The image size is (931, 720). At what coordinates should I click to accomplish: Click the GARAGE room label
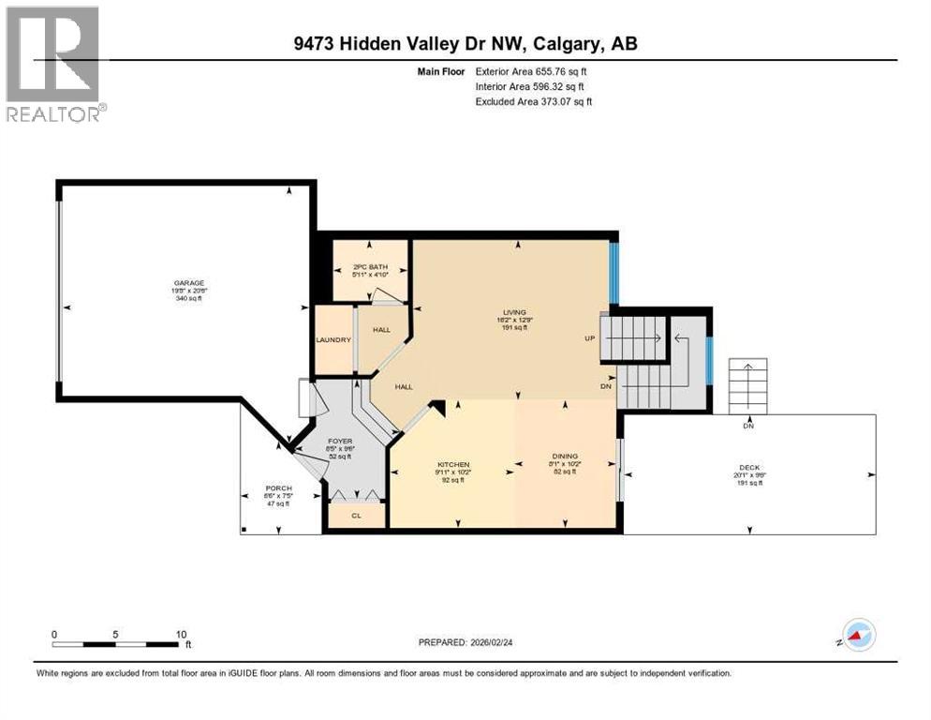point(188,283)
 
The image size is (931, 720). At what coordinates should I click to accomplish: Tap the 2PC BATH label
point(371,267)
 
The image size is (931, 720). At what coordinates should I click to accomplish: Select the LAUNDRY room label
point(333,339)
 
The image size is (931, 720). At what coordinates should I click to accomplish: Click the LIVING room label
point(514,312)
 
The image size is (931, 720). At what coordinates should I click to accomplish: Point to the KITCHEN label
point(452,464)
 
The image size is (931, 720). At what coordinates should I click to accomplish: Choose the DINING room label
point(565,457)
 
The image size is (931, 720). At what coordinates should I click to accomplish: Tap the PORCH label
point(278,488)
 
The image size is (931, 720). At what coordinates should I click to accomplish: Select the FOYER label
point(339,441)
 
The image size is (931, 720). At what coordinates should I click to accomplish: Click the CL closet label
point(355,516)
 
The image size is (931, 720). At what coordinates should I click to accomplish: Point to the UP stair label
point(589,337)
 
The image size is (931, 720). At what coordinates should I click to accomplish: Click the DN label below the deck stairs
point(747,426)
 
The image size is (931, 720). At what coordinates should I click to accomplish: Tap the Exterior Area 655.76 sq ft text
point(531,71)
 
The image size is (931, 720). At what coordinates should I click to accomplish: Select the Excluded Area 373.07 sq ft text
point(534,101)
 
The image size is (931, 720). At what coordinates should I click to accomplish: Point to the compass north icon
point(858,637)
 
